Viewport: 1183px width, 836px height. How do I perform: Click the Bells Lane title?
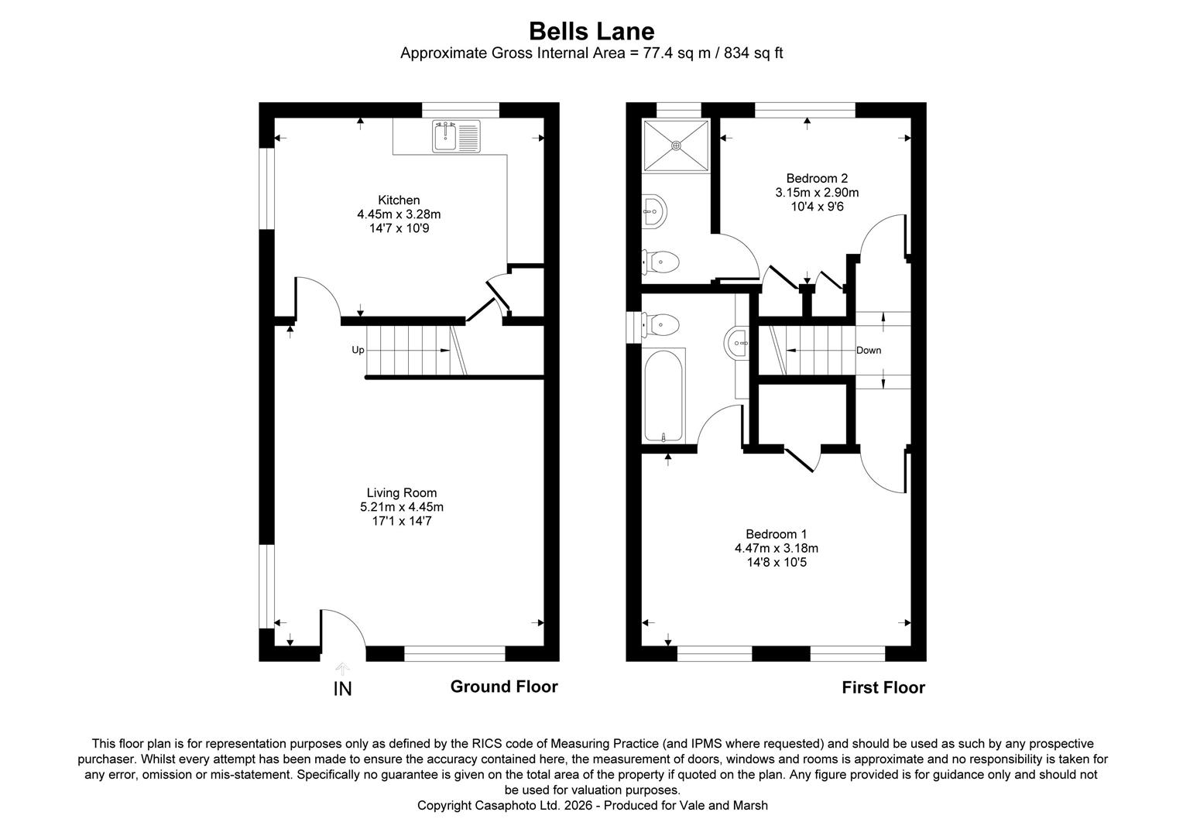point(591,31)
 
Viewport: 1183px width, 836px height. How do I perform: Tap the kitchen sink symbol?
point(456,135)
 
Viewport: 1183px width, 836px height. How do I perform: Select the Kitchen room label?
point(399,200)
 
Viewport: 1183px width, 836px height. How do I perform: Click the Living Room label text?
point(401,493)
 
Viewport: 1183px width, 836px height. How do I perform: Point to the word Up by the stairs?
point(358,350)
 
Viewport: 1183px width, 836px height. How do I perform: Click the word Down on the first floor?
point(868,350)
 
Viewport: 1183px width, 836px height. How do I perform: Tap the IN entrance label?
point(342,689)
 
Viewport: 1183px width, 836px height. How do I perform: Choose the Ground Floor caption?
point(504,687)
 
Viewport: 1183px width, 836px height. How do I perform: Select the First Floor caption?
point(883,687)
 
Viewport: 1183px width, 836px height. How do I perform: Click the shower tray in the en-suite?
point(676,146)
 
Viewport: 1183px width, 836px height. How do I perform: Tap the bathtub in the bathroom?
point(664,396)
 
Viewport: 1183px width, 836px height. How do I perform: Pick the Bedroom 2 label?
point(817,179)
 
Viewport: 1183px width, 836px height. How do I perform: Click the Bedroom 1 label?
point(776,534)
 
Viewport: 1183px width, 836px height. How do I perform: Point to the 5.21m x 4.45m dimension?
point(401,507)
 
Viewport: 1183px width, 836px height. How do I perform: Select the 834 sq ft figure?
point(753,53)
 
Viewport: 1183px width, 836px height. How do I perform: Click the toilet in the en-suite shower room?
point(660,262)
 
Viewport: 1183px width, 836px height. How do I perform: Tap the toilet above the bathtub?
point(660,324)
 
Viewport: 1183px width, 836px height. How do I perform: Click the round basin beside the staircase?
point(736,343)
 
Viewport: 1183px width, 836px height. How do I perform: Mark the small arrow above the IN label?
point(342,669)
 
